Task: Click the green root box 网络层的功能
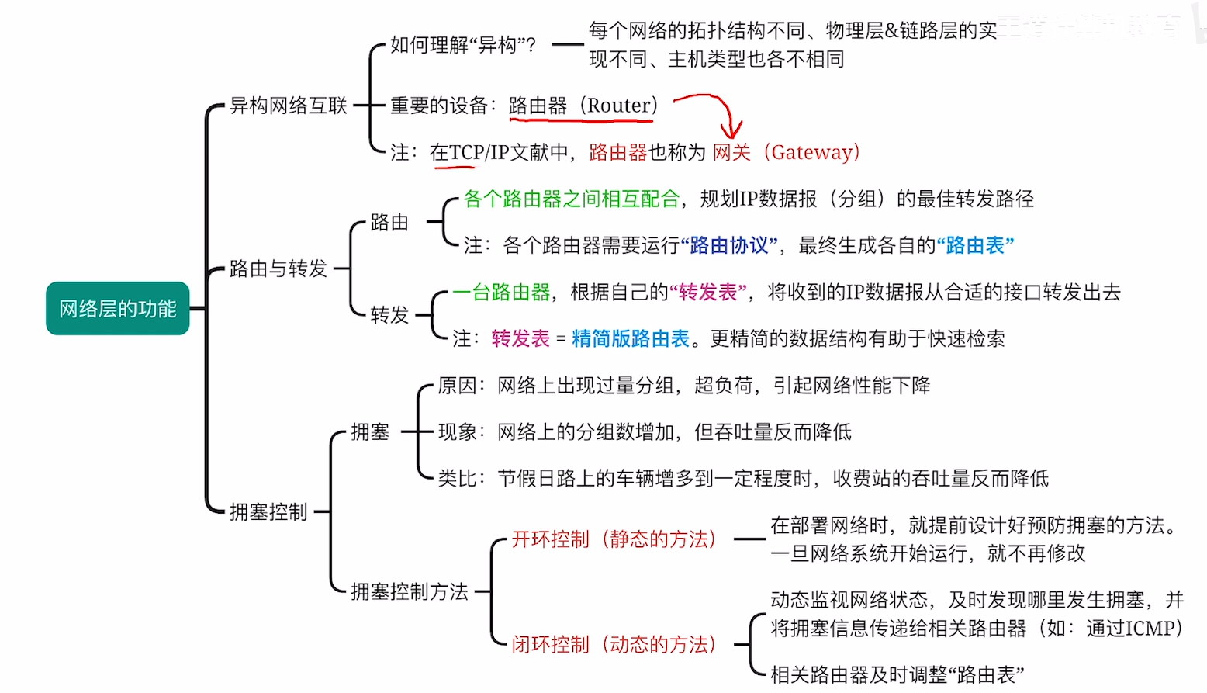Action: [x=118, y=309]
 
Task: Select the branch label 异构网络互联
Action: [x=288, y=106]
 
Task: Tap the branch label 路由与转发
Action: [x=278, y=269]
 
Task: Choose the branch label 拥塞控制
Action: [x=268, y=511]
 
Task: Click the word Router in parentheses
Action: [x=619, y=106]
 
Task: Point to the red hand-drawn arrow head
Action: [x=731, y=132]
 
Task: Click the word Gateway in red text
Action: [x=811, y=152]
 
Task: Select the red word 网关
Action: [x=731, y=152]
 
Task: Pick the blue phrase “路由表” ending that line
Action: [x=975, y=245]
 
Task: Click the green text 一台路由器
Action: [x=501, y=292]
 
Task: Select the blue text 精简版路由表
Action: [x=630, y=338]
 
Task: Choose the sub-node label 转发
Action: [x=389, y=315]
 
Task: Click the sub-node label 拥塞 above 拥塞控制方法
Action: [x=370, y=431]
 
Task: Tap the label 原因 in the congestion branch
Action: [x=457, y=385]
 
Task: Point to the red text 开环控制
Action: [x=551, y=539]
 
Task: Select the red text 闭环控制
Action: [x=551, y=644]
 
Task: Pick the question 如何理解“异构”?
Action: [x=463, y=45]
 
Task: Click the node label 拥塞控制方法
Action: [x=410, y=591]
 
